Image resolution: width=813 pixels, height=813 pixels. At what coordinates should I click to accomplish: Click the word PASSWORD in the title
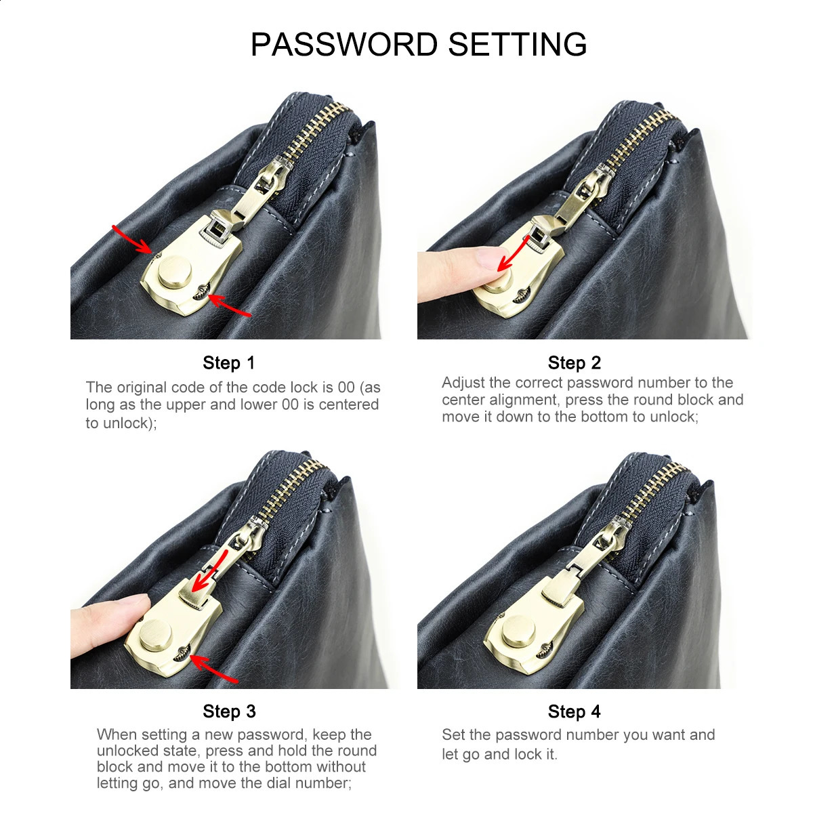(x=344, y=44)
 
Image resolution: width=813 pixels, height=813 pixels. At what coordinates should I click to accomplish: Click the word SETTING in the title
(x=517, y=44)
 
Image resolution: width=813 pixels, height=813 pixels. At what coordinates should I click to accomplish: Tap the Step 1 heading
(x=229, y=363)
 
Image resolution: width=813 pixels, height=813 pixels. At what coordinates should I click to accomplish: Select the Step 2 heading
(x=575, y=363)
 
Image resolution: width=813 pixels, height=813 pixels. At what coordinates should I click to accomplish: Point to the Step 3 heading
(x=229, y=711)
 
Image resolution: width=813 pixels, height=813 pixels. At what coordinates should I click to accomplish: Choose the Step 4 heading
(x=575, y=711)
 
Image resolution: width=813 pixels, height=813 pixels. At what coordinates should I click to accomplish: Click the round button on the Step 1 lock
(x=175, y=272)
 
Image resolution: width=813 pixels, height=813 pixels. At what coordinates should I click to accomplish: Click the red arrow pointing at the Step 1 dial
(x=229, y=305)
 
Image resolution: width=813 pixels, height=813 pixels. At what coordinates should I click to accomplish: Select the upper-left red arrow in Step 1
(x=131, y=240)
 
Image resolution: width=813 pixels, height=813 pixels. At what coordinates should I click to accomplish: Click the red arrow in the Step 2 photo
(x=513, y=253)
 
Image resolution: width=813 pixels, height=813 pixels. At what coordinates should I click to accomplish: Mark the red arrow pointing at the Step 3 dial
(x=213, y=668)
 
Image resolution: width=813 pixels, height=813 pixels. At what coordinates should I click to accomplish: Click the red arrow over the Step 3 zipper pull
(x=209, y=570)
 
